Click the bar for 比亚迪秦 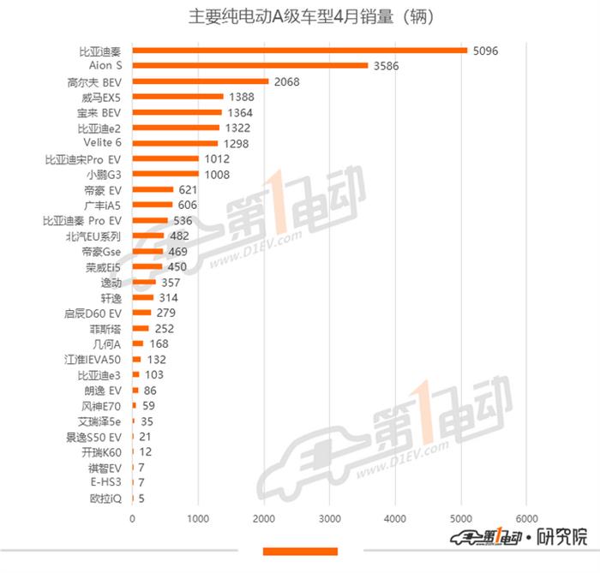click(300, 51)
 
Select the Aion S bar click(250, 66)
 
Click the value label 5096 click(484, 51)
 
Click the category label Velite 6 click(102, 144)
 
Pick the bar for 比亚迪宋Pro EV click(165, 159)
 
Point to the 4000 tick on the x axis click(395, 519)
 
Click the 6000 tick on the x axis click(526, 519)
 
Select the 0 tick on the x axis click(132, 519)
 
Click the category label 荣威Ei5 click(103, 267)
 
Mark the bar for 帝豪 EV click(153, 190)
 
